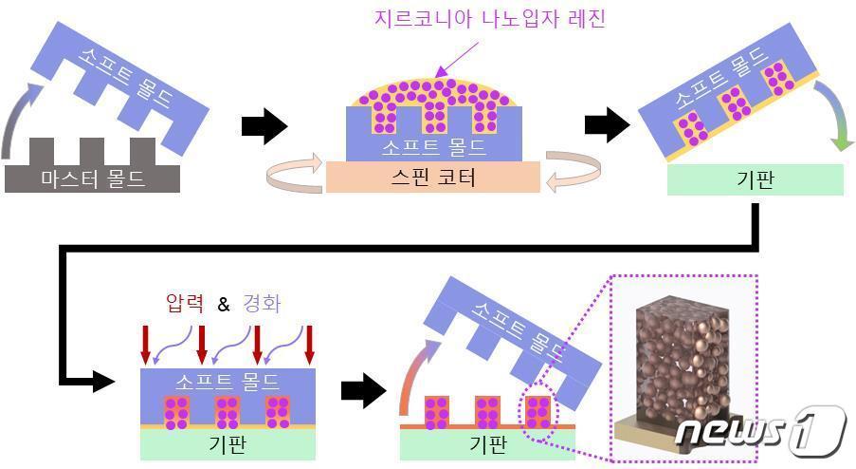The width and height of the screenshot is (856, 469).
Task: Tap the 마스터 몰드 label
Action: pyautogui.click(x=92, y=178)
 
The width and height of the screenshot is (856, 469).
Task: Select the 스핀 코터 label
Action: pyautogui.click(x=432, y=177)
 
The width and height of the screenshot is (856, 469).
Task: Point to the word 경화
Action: pyautogui.click(x=262, y=304)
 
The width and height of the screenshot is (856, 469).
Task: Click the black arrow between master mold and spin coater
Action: pyautogui.click(x=264, y=126)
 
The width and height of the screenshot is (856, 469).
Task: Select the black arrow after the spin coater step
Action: pyautogui.click(x=608, y=123)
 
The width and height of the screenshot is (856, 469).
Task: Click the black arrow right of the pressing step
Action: pyautogui.click(x=362, y=389)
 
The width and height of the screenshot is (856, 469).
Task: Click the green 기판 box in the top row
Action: pyautogui.click(x=755, y=179)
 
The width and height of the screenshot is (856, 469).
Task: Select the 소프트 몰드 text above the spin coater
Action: pyautogui.click(x=432, y=147)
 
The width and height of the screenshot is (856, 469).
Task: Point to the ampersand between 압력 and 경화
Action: pyautogui.click(x=224, y=305)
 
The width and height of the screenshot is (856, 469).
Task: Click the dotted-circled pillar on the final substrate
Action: pyautogui.click(x=537, y=412)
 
